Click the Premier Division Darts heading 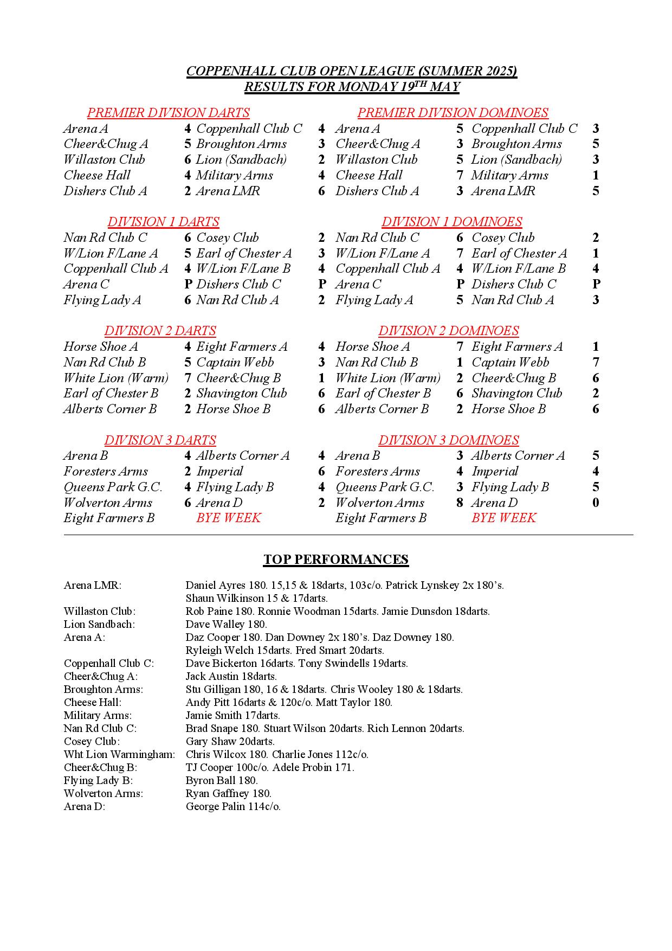click(x=168, y=113)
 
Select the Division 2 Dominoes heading click(x=448, y=331)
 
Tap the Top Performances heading click(x=336, y=560)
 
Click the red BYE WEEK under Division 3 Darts click(x=228, y=518)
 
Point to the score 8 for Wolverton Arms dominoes click(x=460, y=503)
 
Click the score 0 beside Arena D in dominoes click(x=596, y=503)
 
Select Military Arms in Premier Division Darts click(x=234, y=175)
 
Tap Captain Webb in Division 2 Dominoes click(x=510, y=362)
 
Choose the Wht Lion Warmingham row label click(x=119, y=754)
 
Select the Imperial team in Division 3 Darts click(x=219, y=471)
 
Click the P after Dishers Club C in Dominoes click(x=596, y=284)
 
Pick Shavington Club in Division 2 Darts click(x=241, y=393)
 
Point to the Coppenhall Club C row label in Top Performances click(x=108, y=663)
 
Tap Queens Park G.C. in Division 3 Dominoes click(x=385, y=487)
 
